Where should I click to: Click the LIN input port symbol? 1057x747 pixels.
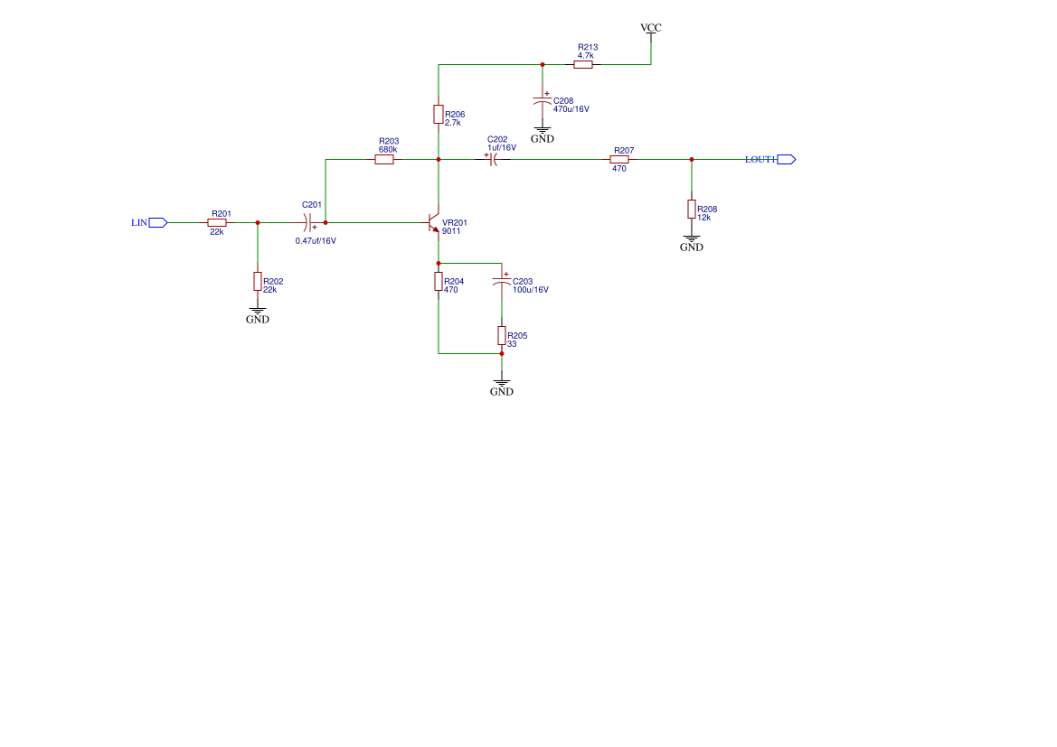(x=158, y=222)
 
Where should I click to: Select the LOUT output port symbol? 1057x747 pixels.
(x=786, y=160)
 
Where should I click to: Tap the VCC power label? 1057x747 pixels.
(x=651, y=28)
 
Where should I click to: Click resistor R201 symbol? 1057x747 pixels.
(x=217, y=222)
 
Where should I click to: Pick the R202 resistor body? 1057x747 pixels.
(x=258, y=281)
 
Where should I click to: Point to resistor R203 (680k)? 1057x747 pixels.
(x=384, y=160)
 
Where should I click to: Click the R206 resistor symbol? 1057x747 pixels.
(x=439, y=114)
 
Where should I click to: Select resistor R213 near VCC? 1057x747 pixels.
(x=583, y=65)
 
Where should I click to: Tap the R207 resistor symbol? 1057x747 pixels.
(x=619, y=160)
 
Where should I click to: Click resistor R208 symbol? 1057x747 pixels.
(x=692, y=210)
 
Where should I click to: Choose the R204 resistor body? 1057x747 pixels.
(x=439, y=282)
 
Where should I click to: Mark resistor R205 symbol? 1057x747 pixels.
(x=502, y=336)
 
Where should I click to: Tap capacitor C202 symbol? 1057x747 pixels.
(x=494, y=160)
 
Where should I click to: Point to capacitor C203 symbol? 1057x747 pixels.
(x=502, y=282)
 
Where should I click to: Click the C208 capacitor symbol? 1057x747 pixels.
(x=543, y=99)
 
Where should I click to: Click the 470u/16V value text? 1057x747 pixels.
(x=571, y=109)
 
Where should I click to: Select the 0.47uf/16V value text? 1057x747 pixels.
(x=316, y=240)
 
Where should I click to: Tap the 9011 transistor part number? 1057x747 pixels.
(x=451, y=231)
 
